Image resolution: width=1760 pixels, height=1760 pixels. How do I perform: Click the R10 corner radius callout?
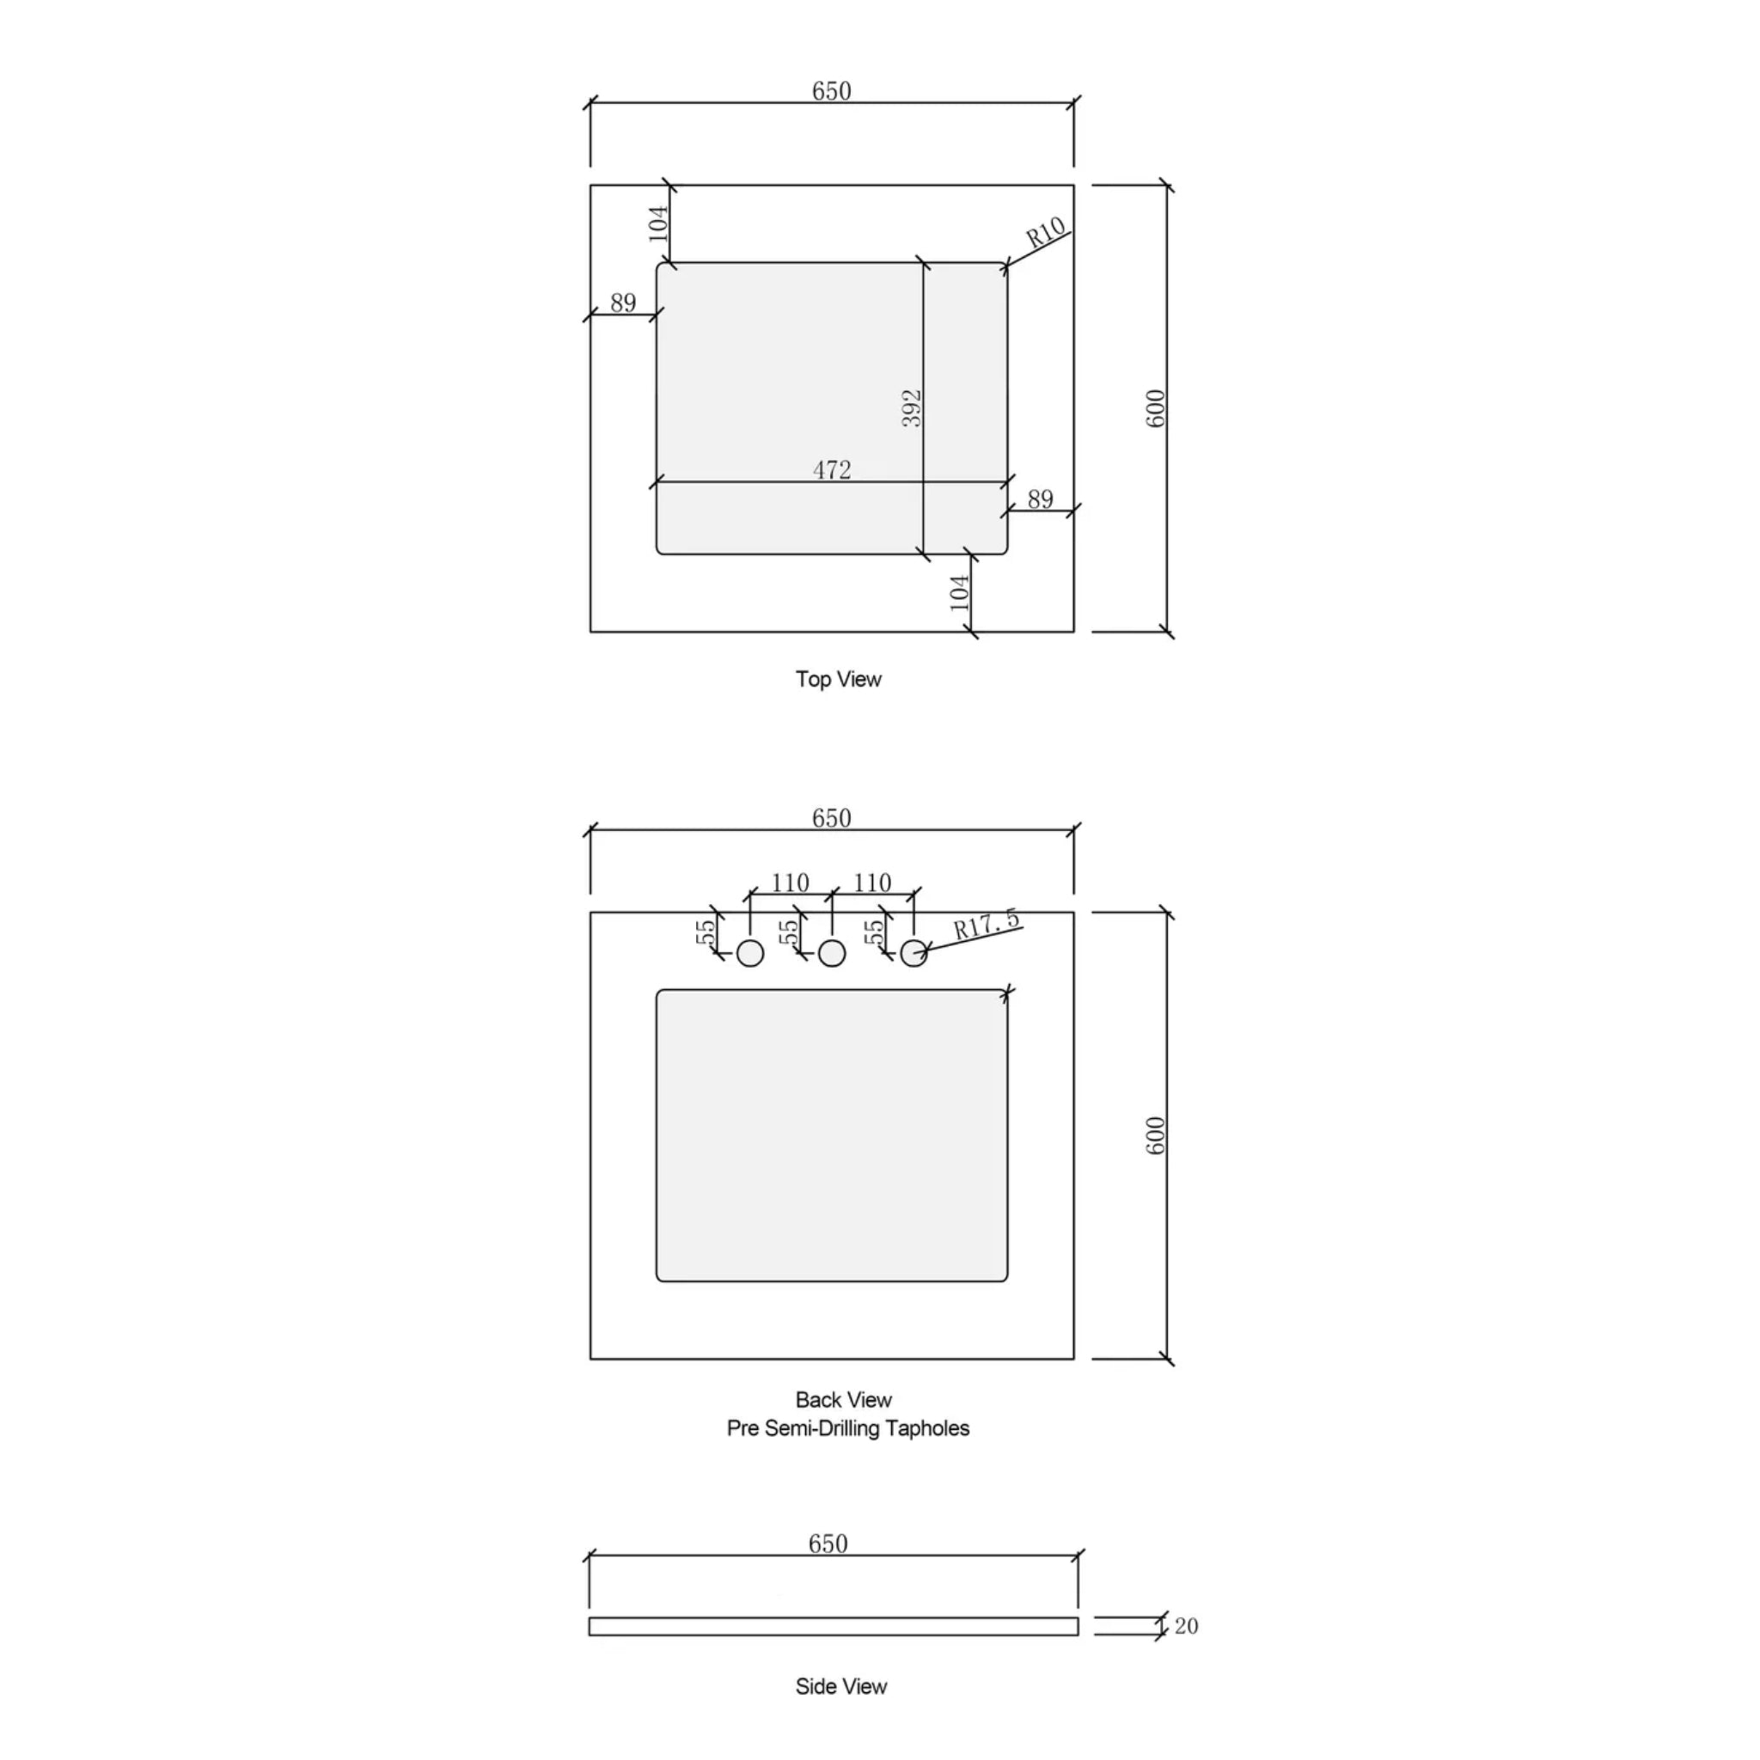pos(1045,233)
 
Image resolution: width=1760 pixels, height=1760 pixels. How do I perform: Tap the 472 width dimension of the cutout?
pos(832,470)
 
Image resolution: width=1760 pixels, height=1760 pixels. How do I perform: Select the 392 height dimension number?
pos(912,408)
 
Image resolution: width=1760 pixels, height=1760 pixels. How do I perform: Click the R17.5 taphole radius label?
pos(987,925)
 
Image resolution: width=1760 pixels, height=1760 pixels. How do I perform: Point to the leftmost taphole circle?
pos(749,954)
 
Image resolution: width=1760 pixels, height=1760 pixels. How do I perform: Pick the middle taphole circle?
pos(832,954)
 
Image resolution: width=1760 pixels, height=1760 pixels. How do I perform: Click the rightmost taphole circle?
pos(913,954)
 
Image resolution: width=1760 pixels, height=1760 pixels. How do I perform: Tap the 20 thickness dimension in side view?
pos(1186,1626)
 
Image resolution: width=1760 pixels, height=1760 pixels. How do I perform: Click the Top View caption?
pos(838,680)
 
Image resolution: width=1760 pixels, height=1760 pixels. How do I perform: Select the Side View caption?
pos(840,1687)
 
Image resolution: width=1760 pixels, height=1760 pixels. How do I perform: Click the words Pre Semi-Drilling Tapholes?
pos(847,1428)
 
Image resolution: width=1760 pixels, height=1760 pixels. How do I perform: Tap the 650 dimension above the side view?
pos(828,1544)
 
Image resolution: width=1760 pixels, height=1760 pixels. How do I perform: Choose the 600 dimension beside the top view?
pos(1154,408)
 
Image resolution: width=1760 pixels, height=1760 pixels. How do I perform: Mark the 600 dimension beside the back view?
pos(1154,1136)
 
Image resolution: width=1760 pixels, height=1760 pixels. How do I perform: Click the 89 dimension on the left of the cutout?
pos(623,303)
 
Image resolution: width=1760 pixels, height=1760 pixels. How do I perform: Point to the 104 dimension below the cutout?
pos(960,593)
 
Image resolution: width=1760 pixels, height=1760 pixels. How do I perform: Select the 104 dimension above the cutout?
pos(657,224)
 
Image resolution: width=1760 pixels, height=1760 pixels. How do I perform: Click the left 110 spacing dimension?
pos(790,883)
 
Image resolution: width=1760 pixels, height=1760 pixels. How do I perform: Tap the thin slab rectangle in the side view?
pos(833,1627)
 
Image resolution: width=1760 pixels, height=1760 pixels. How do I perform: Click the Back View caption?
pos(844,1400)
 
